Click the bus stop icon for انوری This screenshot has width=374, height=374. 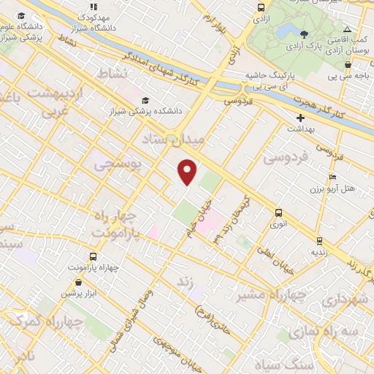[278, 213]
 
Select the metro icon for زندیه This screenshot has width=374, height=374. [318, 240]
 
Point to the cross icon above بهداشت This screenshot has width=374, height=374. [299, 118]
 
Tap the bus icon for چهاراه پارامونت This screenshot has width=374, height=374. [93, 256]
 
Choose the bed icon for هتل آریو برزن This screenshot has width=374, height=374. [333, 177]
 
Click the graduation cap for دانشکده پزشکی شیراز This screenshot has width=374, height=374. [145, 101]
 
